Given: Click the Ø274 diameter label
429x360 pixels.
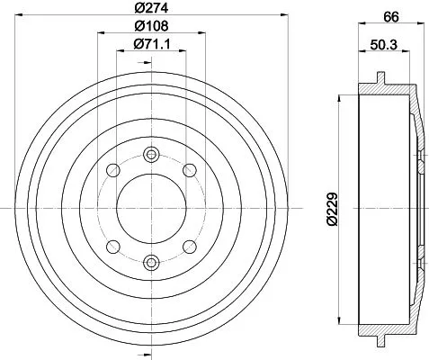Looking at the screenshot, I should [x=149, y=8].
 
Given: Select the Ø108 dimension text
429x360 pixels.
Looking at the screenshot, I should [x=149, y=27].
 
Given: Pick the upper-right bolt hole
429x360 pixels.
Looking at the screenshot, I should [x=189, y=168].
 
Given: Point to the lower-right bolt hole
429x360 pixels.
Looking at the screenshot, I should [x=189, y=245].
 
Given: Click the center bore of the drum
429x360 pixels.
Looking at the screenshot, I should [x=149, y=207].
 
